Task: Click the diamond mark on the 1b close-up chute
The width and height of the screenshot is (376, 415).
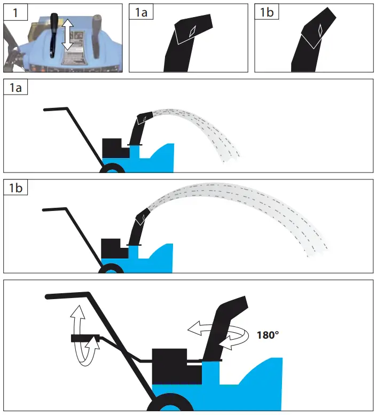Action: tap(319, 31)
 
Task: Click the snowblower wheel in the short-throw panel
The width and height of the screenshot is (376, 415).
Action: tap(112, 169)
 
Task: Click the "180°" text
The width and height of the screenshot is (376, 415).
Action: tap(268, 336)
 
